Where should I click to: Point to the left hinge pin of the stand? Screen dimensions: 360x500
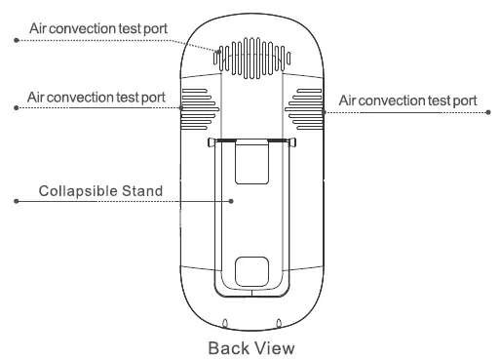pyautogui.click(x=212, y=143)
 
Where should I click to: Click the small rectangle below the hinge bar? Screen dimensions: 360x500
pyautogui.click(x=252, y=162)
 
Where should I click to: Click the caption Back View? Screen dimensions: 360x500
pyautogui.click(x=251, y=345)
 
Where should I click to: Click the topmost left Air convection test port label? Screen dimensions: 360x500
pyautogui.click(x=98, y=28)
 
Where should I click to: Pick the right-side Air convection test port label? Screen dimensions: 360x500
pyautogui.click(x=408, y=100)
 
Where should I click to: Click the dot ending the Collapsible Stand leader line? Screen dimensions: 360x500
pyautogui.click(x=15, y=202)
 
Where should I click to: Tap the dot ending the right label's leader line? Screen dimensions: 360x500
pyautogui.click(x=488, y=112)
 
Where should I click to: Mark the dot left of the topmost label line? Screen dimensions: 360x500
pyautogui.click(x=15, y=40)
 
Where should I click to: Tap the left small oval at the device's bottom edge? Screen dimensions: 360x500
pyautogui.click(x=225, y=323)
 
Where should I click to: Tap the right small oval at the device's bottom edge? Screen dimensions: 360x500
pyautogui.click(x=280, y=323)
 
